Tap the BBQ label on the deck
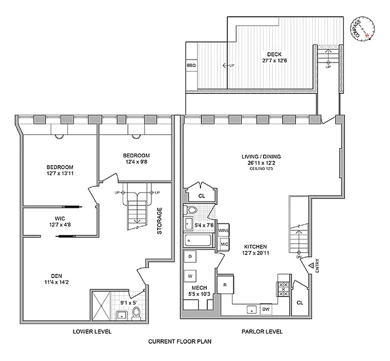191,65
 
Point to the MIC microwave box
224,244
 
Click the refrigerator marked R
224,285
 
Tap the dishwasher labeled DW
266,309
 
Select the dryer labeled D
190,256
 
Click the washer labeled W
190,275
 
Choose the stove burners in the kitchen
284,286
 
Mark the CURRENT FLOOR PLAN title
180,342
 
